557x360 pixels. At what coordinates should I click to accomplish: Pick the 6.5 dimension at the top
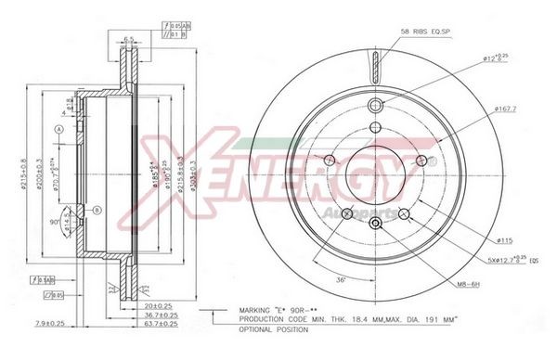tap(130, 40)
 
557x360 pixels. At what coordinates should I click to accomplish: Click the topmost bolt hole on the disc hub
tap(375, 105)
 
